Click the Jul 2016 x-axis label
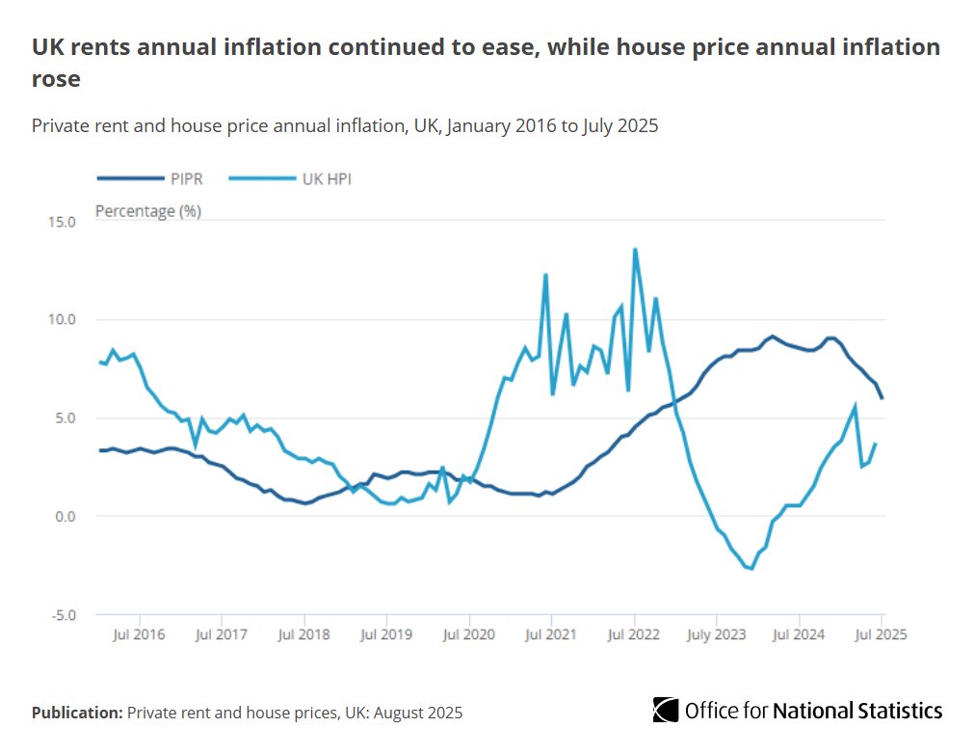tap(140, 634)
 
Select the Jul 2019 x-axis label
tap(386, 634)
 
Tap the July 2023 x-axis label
tap(716, 634)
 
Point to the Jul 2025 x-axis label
tap(881, 634)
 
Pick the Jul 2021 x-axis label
tap(551, 634)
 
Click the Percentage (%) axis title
tap(147, 211)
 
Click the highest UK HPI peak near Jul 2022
tap(635, 250)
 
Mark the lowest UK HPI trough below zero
tap(751, 569)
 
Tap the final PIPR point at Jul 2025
tap(882, 397)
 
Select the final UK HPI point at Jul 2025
tap(875, 444)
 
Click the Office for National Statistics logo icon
tap(665, 710)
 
